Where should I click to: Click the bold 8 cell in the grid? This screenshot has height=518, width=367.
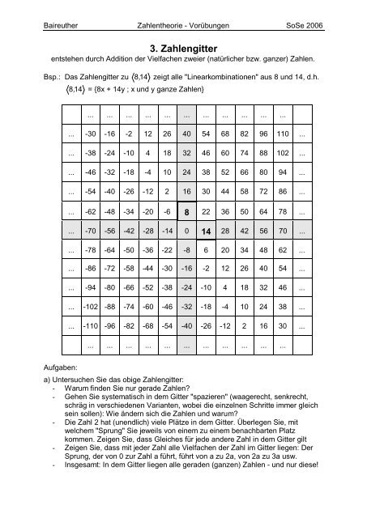click(x=186, y=211)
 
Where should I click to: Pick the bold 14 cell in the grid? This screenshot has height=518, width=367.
click(x=205, y=231)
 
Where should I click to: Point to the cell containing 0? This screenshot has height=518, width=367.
click(x=186, y=231)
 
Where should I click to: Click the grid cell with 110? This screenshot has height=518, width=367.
click(x=281, y=134)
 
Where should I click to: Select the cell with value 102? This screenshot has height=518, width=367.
click(x=281, y=153)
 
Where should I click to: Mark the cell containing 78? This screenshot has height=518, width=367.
click(x=281, y=211)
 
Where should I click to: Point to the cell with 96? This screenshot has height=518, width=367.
click(x=262, y=134)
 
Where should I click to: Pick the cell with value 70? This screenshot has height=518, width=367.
click(x=281, y=231)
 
